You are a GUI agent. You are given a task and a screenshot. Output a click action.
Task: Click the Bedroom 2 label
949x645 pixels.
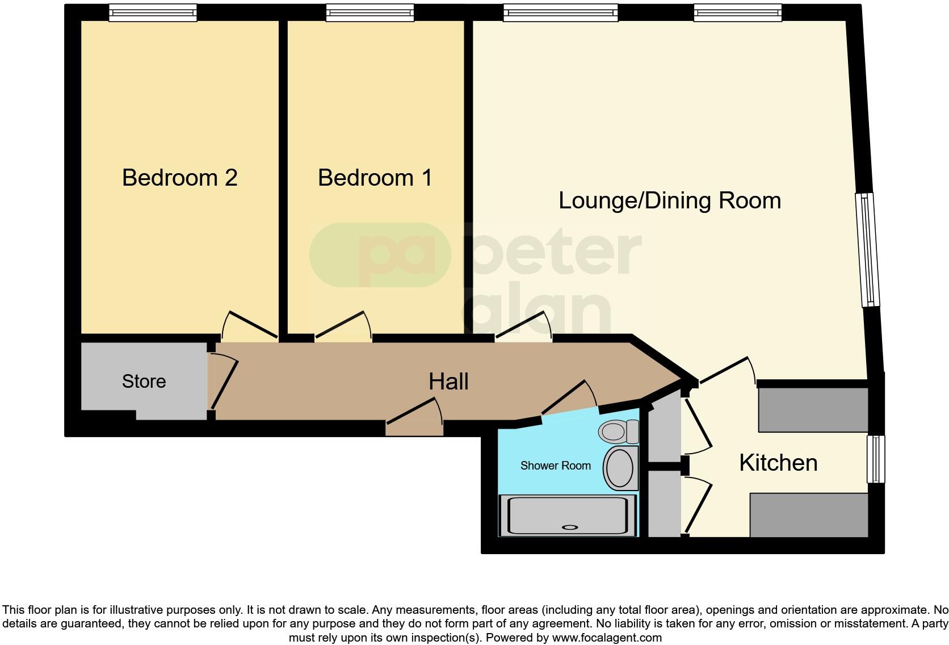coord(179,178)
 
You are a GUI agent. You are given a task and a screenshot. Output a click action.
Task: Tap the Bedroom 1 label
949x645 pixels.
coord(375,178)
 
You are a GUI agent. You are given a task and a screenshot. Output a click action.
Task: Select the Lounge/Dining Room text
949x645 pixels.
coord(669,200)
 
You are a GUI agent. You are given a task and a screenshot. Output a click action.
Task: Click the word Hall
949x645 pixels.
coord(448,382)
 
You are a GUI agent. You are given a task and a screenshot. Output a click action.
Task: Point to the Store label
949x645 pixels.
coord(144,381)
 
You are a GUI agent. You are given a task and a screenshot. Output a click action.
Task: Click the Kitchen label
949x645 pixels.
coord(778,463)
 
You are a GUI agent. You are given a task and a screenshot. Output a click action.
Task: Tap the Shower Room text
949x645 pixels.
coord(555,466)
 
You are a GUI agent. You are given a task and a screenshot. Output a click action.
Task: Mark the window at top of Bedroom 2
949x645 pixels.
coord(152,12)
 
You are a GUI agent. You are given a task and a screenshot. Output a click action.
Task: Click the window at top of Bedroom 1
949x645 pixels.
coord(369,12)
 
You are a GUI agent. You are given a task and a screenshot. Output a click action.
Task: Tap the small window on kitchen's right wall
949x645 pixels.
coord(876,459)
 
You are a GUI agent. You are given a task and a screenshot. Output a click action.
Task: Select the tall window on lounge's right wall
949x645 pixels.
coord(868,250)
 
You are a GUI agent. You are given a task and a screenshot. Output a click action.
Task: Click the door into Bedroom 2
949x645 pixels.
coord(250,325)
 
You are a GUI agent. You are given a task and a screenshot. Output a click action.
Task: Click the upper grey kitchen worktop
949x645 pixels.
coord(813,409)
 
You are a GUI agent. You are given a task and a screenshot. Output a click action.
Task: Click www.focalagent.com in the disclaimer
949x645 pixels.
coord(606,638)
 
